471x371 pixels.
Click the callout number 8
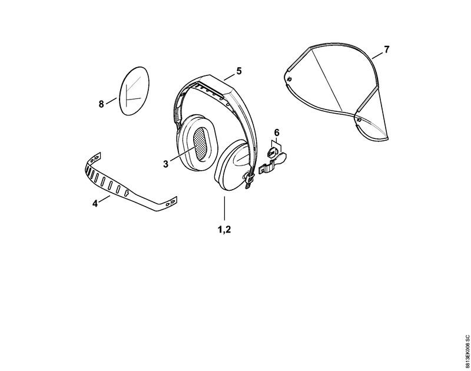[101, 104]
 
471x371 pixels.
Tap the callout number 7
[387, 49]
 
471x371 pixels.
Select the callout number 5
[239, 71]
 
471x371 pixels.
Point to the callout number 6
[277, 132]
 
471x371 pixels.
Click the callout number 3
[166, 164]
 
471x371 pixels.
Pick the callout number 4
[95, 203]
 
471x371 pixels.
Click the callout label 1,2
[224, 230]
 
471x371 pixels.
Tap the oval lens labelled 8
[134, 91]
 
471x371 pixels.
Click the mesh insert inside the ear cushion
[199, 144]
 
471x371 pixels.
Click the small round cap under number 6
[272, 153]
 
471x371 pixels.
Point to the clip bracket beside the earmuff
[272, 164]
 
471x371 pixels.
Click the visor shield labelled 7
[336, 90]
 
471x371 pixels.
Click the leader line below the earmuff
[224, 208]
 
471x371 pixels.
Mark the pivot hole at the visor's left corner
[289, 79]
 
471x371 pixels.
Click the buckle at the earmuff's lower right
[249, 180]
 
